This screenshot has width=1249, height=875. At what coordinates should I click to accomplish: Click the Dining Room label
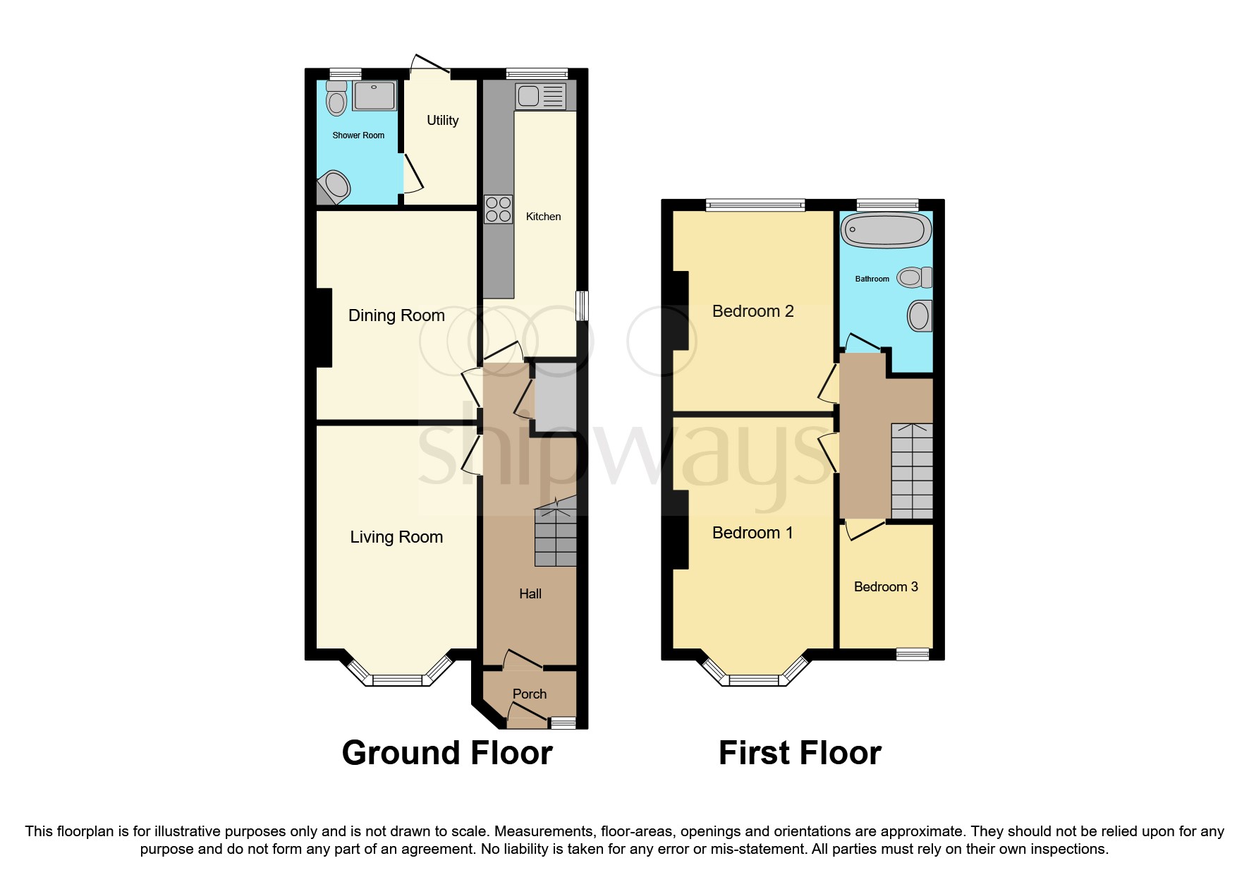[x=396, y=315]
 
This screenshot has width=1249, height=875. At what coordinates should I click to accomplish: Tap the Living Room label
[x=396, y=537]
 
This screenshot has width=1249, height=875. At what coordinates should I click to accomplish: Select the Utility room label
[x=442, y=121]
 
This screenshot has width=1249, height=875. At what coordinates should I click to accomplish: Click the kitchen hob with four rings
[x=498, y=210]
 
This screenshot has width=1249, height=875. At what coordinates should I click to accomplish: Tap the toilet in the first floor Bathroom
[x=914, y=277]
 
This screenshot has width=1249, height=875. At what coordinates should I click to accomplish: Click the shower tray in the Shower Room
[x=374, y=96]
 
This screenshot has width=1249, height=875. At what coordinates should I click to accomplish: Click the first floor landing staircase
[x=911, y=471]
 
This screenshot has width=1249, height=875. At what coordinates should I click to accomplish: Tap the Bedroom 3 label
[x=886, y=587]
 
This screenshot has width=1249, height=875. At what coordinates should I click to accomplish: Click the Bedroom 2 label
[x=753, y=311]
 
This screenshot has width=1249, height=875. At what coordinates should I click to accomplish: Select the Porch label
[x=529, y=694]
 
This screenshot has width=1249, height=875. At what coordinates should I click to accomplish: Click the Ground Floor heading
[x=446, y=753]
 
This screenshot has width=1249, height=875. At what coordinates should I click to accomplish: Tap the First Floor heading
[x=799, y=753]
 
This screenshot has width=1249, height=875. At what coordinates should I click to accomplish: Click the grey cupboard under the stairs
[x=555, y=397]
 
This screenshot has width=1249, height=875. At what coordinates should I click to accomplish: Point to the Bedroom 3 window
[x=913, y=654]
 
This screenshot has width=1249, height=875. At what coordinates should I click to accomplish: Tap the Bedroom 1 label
[x=752, y=533]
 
